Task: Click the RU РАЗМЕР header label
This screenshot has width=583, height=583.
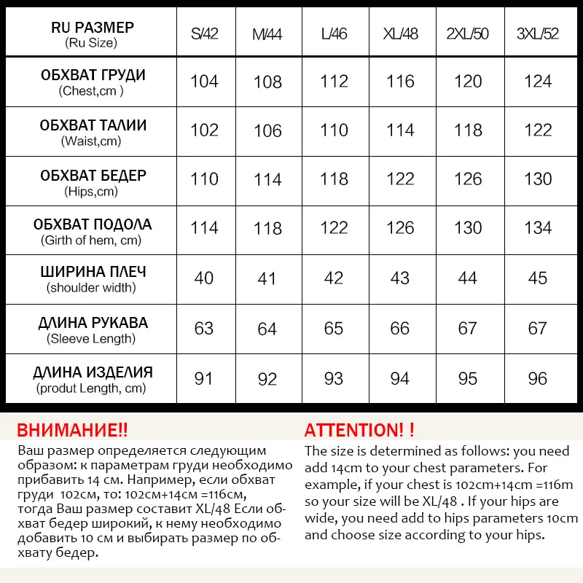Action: [93, 28]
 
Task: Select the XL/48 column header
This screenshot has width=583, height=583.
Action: [400, 34]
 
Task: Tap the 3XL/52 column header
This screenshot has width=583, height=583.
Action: [537, 34]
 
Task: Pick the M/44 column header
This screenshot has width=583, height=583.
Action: [267, 34]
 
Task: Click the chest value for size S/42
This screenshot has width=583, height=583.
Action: [204, 81]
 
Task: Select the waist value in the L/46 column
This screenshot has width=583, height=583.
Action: [334, 130]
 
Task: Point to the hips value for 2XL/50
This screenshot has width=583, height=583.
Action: [468, 179]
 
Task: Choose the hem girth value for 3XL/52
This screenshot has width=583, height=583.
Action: [537, 227]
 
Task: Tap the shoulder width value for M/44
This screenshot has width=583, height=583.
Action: [267, 278]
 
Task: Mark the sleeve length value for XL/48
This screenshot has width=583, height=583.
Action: [400, 328]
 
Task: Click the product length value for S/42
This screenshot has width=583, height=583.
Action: [204, 379]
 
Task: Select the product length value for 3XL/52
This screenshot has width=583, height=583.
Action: [537, 379]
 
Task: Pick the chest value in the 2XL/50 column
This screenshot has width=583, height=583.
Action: [468, 81]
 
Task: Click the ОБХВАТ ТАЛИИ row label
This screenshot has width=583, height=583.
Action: [93, 125]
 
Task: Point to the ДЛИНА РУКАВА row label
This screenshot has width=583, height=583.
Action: [93, 323]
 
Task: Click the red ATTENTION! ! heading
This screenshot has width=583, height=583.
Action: [359, 430]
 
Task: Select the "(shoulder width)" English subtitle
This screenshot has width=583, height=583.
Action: [92, 288]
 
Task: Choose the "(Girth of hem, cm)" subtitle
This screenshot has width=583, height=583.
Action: [92, 240]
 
